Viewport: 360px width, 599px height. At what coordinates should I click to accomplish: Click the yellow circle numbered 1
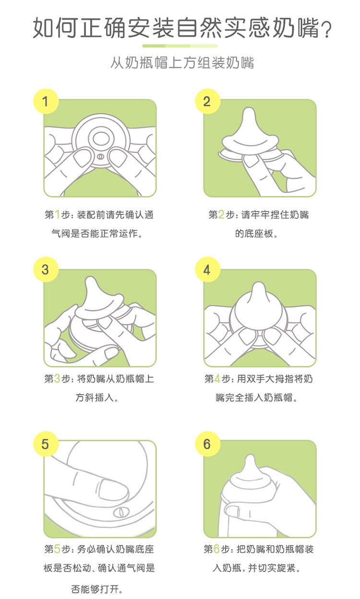[46, 101]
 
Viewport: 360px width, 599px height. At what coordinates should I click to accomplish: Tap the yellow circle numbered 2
[207, 101]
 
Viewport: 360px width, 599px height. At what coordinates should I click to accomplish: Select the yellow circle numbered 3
[46, 269]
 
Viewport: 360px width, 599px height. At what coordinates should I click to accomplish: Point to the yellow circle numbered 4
[207, 269]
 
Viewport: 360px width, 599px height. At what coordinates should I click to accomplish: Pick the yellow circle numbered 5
[46, 444]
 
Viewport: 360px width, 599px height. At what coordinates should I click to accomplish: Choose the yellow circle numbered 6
[207, 444]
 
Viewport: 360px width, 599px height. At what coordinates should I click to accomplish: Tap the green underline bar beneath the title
[180, 46]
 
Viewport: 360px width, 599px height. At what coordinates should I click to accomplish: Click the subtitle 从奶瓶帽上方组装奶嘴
[182, 62]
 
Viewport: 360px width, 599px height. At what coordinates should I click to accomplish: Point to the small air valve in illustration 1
[100, 156]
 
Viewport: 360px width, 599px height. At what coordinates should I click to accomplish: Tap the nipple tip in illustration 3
[90, 280]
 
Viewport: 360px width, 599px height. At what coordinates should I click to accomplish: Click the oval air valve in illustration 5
[121, 512]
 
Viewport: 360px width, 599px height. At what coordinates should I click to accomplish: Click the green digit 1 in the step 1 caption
[57, 215]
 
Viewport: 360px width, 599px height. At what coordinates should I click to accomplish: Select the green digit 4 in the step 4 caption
[217, 379]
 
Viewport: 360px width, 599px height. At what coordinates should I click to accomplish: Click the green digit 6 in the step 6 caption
[216, 549]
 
